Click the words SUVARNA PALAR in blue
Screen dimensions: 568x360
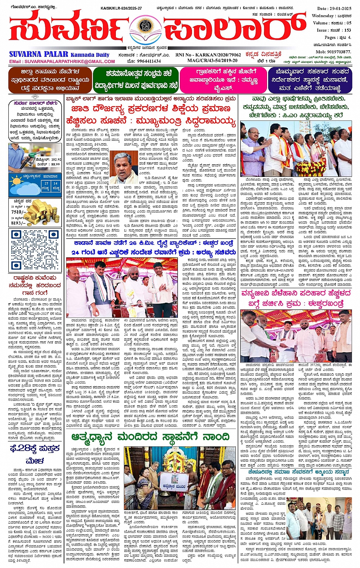38,55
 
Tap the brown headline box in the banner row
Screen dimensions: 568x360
50,80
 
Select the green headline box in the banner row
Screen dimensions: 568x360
136,80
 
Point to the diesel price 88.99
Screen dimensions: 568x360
54,164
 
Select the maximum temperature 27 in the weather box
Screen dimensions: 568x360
46,184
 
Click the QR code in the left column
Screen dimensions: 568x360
35,249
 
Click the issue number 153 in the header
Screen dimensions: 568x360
347,30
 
